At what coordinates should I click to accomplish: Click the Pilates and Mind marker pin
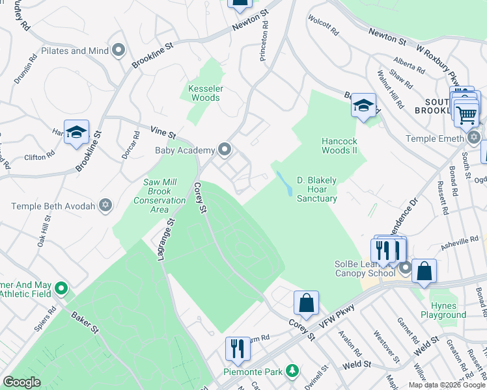118,50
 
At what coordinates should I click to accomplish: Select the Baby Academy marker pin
225,150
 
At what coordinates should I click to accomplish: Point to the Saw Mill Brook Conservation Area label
165,192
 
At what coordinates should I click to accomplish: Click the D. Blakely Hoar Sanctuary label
317,189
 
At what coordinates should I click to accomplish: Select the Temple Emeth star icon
474,138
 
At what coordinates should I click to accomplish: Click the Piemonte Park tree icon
293,370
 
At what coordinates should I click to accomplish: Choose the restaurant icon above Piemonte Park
238,349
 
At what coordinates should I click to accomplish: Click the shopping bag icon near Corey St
306,303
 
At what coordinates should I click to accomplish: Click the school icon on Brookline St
76,132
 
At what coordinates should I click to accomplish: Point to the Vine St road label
163,133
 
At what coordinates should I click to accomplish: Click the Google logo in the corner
21,382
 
